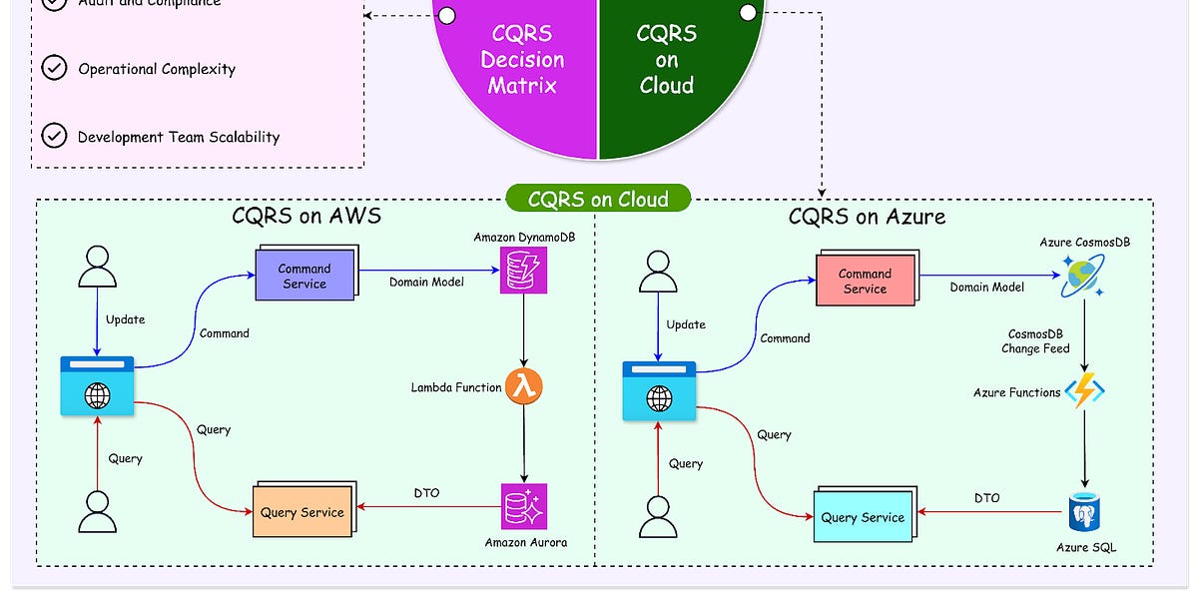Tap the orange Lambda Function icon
tap(525, 386)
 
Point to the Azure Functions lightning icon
tap(1084, 391)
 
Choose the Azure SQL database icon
tap(1085, 512)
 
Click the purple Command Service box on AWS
tap(304, 276)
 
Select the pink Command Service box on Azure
tap(865, 281)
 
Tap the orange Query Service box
tap(301, 512)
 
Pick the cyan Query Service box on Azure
tap(863, 517)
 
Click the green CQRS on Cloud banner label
tap(599, 199)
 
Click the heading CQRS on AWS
tap(305, 216)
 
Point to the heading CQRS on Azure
tap(867, 217)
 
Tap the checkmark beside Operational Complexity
tap(54, 69)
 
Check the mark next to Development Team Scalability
tap(54, 137)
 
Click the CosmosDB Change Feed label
tap(1035, 340)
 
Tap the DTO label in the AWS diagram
tap(427, 493)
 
